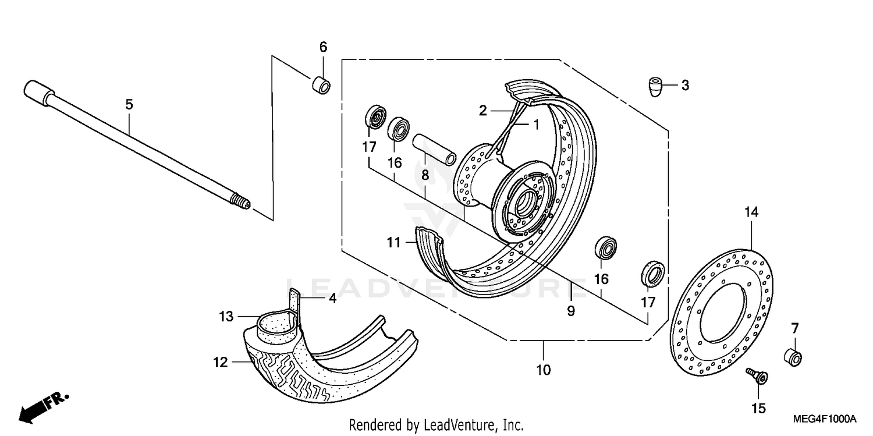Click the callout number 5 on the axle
[x=129, y=105]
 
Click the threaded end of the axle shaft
[x=240, y=203]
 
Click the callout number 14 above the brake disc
[x=751, y=212]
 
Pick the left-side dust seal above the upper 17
[x=374, y=118]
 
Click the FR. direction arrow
[x=44, y=407]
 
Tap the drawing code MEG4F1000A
[x=825, y=419]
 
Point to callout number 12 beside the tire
[x=220, y=363]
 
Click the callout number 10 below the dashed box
[x=543, y=370]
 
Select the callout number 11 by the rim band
[x=394, y=242]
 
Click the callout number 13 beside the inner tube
[x=226, y=317]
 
